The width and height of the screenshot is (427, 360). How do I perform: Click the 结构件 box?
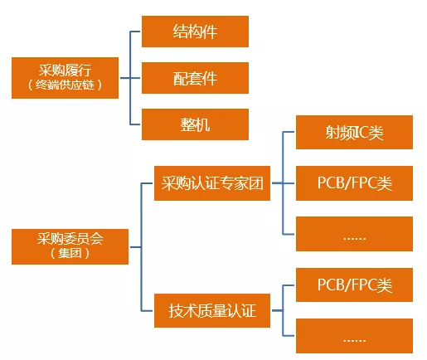tap(196, 32)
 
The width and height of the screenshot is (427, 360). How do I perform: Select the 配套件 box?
tap(196, 79)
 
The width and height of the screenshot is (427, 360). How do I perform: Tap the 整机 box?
tap(196, 124)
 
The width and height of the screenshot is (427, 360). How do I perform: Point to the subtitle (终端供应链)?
tap(66, 85)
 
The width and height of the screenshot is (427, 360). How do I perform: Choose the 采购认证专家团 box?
tap(213, 183)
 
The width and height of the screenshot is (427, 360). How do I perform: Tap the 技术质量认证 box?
tap(213, 311)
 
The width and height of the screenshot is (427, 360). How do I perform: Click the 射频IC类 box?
tap(355, 131)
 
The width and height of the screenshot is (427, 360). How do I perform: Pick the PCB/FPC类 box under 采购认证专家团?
tap(355, 183)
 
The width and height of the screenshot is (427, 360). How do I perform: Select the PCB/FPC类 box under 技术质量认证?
tap(355, 286)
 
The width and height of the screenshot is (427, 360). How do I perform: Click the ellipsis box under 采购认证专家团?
tap(355, 236)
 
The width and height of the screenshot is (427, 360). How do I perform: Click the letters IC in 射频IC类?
tap(357, 131)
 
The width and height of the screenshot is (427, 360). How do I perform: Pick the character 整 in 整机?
tap(187, 124)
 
